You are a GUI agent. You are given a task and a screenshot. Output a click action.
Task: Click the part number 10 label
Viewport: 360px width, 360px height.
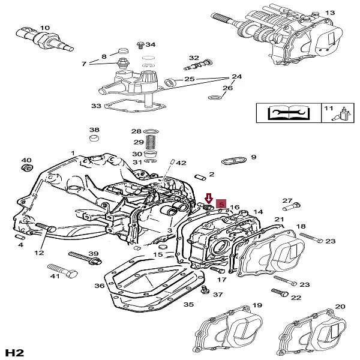(45, 28)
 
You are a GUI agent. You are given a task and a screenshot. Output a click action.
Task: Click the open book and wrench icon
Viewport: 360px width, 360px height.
(284, 112)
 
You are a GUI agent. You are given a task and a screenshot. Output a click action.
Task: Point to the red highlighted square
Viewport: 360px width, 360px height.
(221, 204)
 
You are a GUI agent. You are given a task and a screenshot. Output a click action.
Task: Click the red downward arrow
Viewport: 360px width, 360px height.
(209, 198)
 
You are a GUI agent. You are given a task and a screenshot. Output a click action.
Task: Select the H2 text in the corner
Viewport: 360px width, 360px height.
(14, 350)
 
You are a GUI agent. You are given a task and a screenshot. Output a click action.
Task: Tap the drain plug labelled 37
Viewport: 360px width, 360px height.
(206, 292)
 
